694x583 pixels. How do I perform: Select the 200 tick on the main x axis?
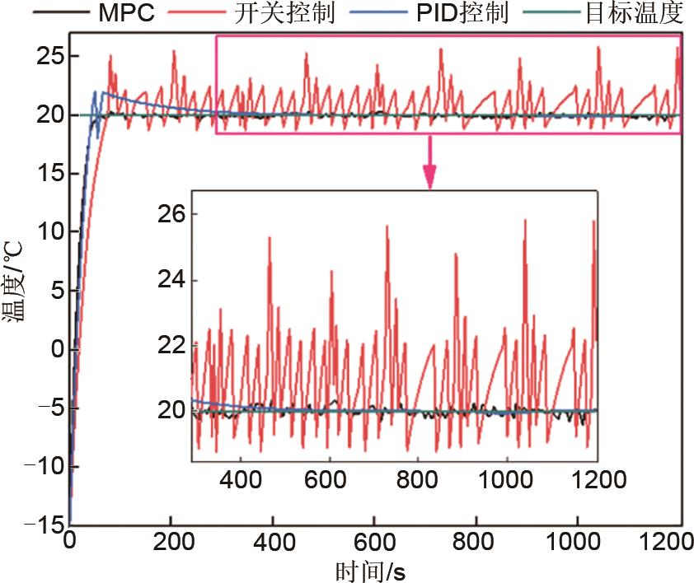tap(171, 544)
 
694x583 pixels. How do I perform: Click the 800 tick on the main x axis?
tap(476, 544)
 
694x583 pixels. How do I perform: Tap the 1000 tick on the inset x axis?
tap(508, 478)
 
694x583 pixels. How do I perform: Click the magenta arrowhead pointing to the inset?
tap(429, 179)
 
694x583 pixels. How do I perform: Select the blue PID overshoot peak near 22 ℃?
tap(96, 92)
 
